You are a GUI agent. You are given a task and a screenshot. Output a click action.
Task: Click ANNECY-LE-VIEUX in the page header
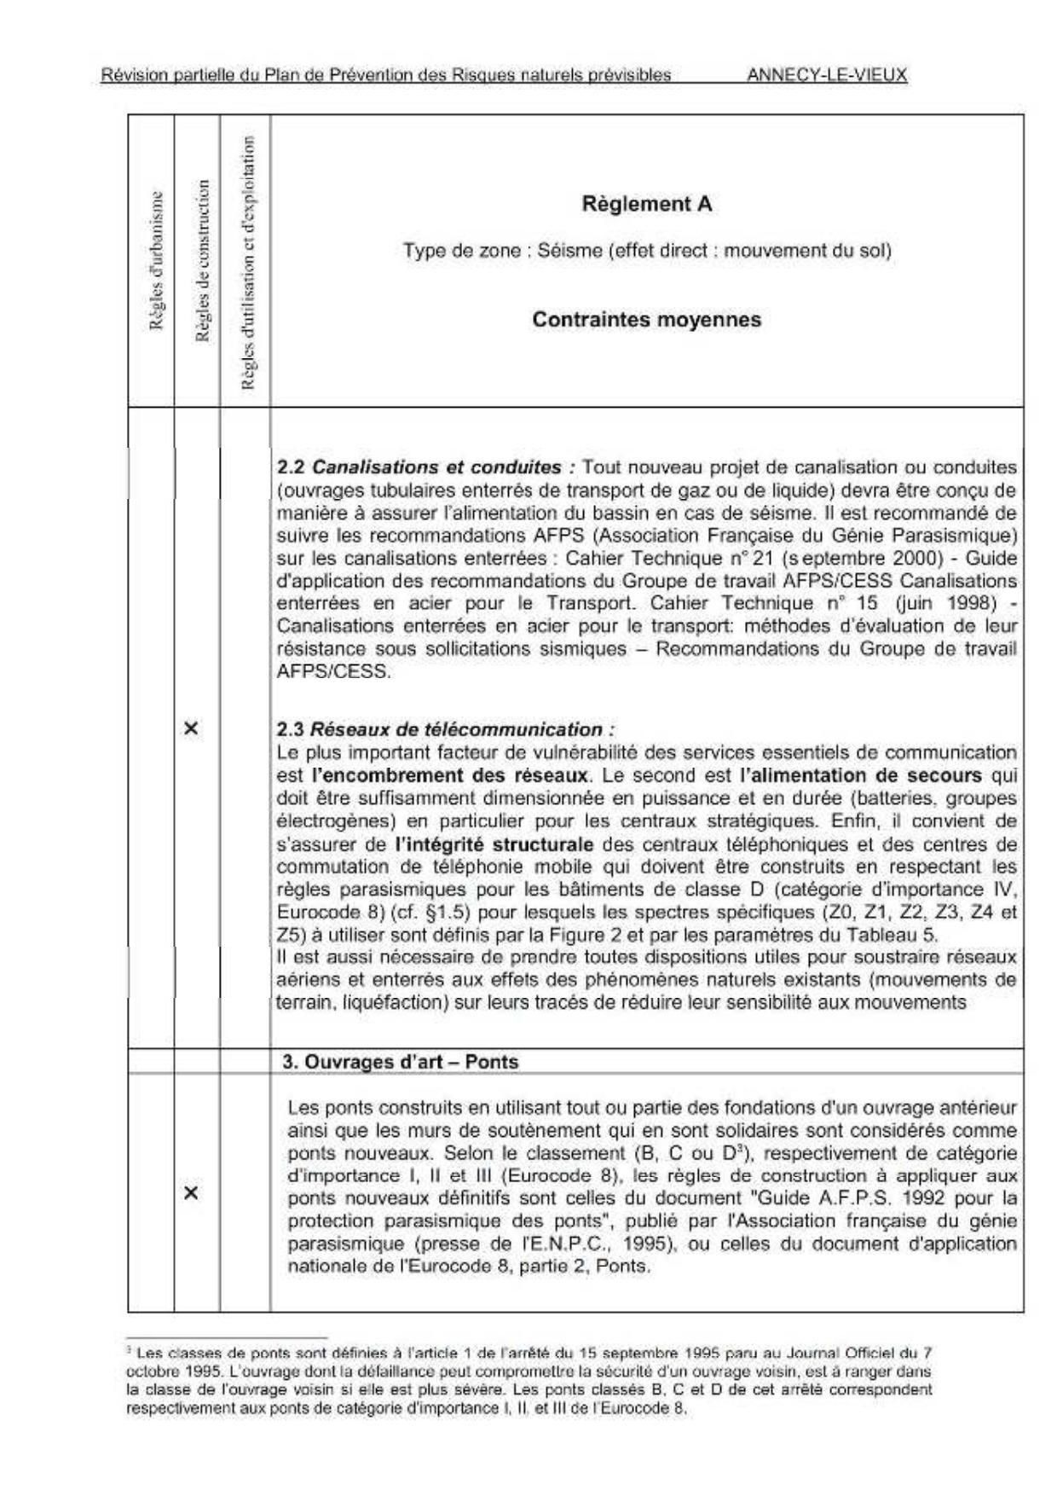tap(826, 74)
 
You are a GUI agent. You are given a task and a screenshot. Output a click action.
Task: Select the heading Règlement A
tap(646, 204)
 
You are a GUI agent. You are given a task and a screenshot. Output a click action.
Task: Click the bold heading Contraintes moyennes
tap(646, 320)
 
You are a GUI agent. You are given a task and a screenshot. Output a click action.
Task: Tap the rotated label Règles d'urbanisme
tap(156, 260)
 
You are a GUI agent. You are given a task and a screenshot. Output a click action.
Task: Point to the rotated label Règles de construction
tap(202, 260)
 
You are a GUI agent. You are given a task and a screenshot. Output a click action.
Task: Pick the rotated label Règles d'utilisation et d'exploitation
tap(248, 263)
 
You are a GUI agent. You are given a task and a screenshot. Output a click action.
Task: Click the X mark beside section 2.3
tap(192, 728)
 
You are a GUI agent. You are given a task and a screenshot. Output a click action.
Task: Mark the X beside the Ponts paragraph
tap(192, 1192)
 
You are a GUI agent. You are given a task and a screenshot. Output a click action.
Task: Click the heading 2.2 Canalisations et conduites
tap(426, 467)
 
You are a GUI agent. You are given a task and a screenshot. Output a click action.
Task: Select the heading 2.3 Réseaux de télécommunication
tap(445, 730)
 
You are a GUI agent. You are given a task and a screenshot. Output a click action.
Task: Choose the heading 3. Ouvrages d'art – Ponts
tap(400, 1062)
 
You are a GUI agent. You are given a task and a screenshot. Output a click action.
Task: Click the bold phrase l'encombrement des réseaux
tap(450, 776)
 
